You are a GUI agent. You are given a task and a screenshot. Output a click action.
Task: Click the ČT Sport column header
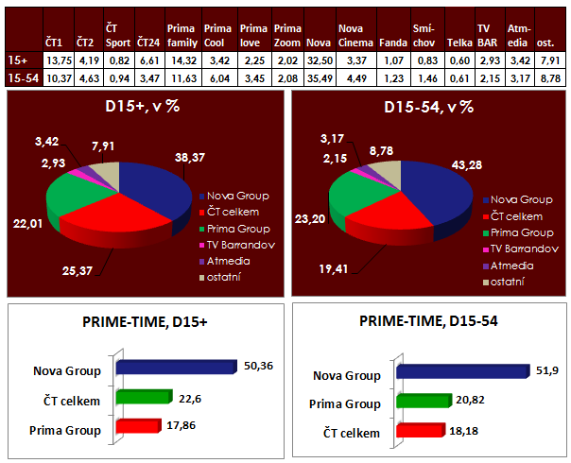pyautogui.click(x=116, y=37)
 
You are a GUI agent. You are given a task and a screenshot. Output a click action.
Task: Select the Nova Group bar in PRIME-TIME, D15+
pyautogui.click(x=172, y=368)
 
